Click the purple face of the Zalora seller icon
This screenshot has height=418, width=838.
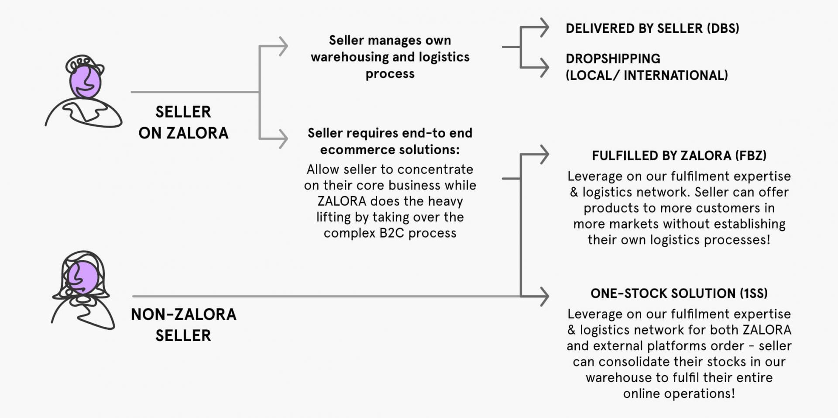coord(85,81)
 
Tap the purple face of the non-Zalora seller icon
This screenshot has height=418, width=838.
coord(82,277)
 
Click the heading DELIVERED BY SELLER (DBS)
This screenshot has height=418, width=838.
coord(652,28)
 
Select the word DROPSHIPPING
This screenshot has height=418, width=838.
coord(613,59)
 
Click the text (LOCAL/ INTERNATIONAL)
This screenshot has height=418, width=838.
coord(646,75)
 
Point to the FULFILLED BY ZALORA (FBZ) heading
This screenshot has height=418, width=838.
coord(679,155)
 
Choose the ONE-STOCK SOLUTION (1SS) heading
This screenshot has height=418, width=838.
coord(679,293)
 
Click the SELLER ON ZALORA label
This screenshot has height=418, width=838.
coord(183,122)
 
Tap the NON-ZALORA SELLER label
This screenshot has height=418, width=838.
coord(183,325)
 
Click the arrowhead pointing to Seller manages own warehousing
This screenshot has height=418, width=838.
coord(284,46)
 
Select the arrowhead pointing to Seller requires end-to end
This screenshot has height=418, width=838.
coord(284,139)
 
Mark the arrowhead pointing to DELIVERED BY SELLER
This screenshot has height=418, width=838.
coord(544,28)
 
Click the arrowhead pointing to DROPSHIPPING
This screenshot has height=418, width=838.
coord(544,68)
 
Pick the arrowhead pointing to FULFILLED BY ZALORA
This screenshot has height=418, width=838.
coord(544,155)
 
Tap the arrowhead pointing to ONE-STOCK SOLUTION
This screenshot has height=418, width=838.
coord(544,297)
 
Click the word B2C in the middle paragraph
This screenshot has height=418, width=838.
coord(392,233)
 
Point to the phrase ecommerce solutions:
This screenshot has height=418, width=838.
coord(390,150)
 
